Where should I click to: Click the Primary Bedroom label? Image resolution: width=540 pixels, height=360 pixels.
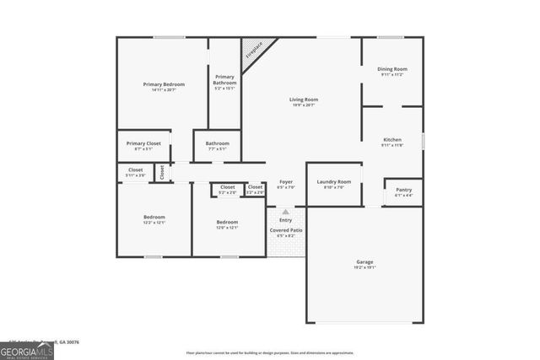[x=163, y=85]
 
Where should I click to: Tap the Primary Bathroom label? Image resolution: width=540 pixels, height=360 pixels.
[x=224, y=81]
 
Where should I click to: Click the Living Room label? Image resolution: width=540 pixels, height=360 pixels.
[x=304, y=100]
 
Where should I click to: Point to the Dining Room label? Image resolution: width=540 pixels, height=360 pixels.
[x=392, y=70]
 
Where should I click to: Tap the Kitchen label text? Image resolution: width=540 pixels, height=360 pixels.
[x=392, y=140]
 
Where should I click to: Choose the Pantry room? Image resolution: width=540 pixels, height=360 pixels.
[x=403, y=192]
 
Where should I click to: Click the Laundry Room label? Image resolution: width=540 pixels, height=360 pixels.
[x=333, y=183]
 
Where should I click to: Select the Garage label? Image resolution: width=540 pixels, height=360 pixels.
[x=364, y=263]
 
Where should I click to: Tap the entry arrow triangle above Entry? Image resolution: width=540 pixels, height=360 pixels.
[x=285, y=212]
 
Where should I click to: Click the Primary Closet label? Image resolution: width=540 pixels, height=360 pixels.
[x=143, y=144]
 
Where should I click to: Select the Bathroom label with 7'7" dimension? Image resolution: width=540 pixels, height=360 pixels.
[x=217, y=144]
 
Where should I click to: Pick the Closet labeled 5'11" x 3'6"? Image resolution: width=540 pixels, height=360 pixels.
[x=135, y=171]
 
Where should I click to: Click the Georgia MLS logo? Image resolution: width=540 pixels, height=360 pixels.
[x=27, y=348]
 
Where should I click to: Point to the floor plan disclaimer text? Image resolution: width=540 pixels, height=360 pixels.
[x=269, y=352]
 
